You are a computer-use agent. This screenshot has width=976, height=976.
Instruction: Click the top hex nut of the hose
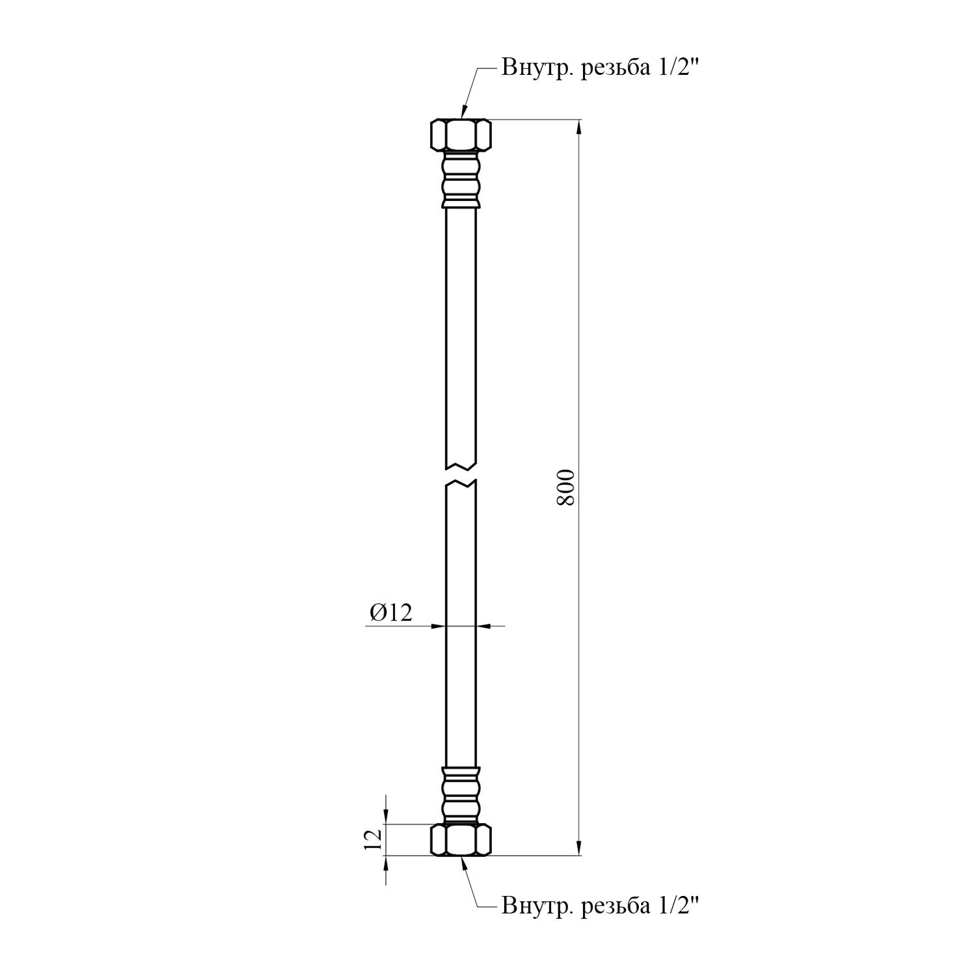tap(461, 135)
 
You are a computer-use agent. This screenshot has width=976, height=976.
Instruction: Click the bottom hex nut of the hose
tap(461, 839)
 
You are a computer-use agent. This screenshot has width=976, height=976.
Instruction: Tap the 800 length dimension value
tap(567, 487)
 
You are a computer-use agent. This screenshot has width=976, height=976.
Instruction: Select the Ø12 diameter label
tap(391, 612)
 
